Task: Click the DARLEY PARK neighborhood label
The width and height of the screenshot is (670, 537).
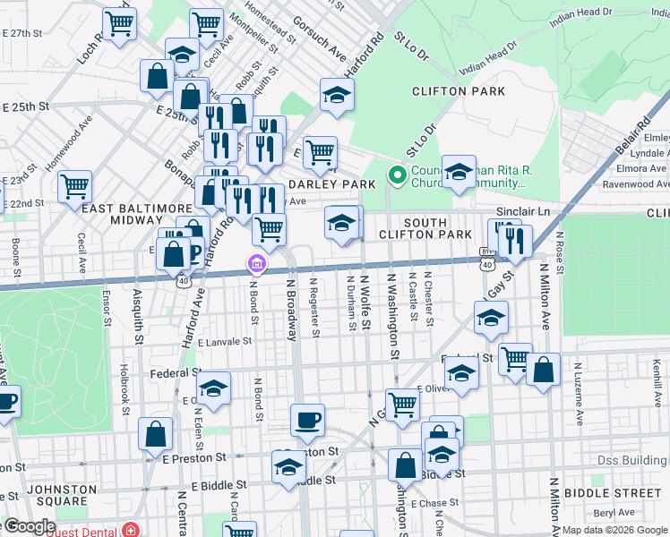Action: click(x=334, y=184)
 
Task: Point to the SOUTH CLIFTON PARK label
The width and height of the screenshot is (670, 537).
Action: click(x=437, y=228)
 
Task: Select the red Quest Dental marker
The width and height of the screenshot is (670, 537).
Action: click(x=132, y=529)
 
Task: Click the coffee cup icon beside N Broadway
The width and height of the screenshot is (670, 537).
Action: click(x=307, y=420)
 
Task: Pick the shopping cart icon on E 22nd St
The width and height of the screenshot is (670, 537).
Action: click(x=75, y=186)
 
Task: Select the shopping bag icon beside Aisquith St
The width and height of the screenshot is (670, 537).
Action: click(x=156, y=434)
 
